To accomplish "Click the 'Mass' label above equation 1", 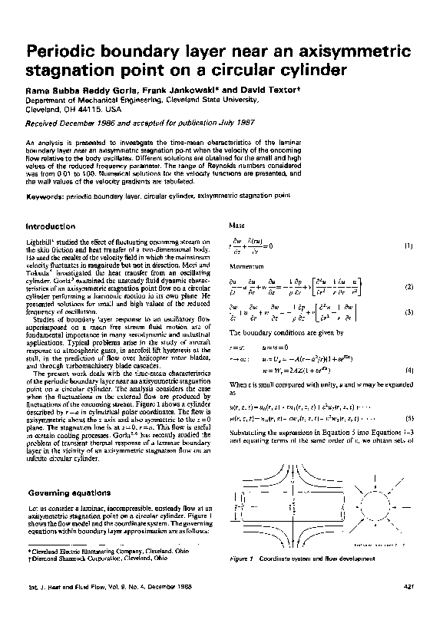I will click(237, 226).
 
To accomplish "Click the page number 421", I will click(408, 588).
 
